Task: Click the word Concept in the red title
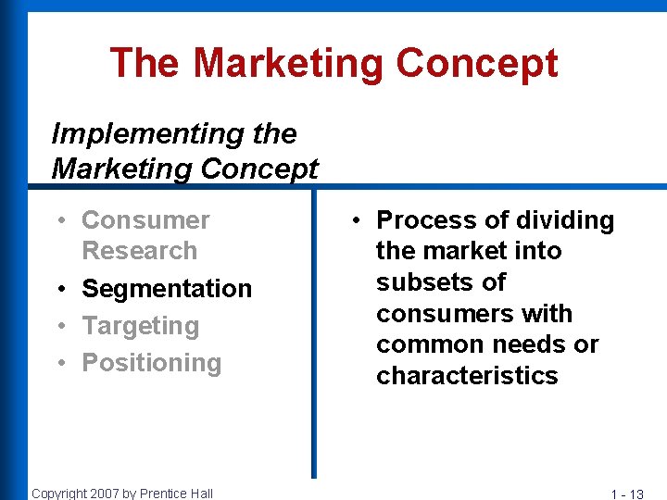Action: pos(477,64)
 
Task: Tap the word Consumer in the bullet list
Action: pos(145,220)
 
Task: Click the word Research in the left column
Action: pos(139,251)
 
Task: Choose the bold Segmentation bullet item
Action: pos(167,289)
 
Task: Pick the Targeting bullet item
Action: pos(141,326)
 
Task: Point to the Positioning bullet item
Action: pos(152,363)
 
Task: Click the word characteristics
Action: pos(467,376)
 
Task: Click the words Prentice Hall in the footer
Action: pos(176,494)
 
